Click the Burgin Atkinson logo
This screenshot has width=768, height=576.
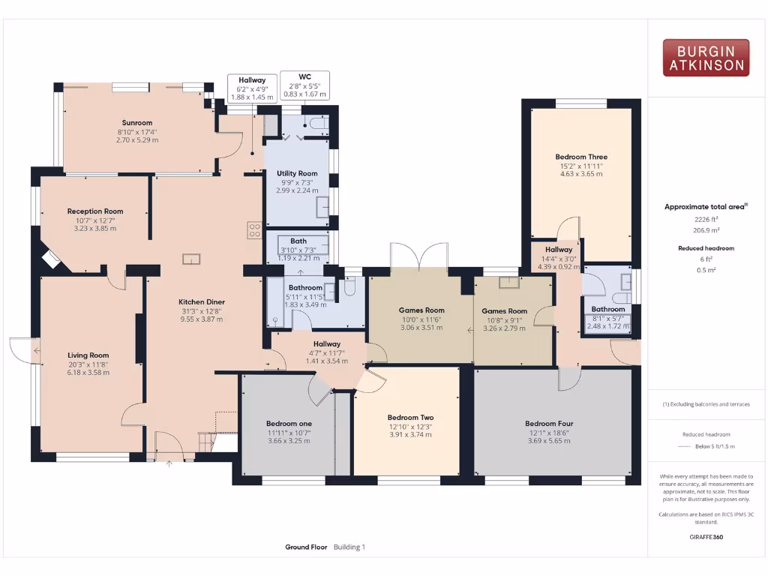point(706,58)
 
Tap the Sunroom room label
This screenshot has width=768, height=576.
point(137,123)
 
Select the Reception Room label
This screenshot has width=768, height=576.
point(95,211)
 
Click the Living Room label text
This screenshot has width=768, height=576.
point(88,355)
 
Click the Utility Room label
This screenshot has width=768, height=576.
point(297,173)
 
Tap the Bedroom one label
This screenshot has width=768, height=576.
point(289,424)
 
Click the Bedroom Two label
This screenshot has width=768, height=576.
point(410,418)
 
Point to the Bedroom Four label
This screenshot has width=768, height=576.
point(549,424)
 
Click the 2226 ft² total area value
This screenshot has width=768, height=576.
point(701,220)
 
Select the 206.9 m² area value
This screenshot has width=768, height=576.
point(701,230)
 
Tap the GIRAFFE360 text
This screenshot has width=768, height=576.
point(706,537)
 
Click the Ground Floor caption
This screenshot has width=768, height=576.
point(306,547)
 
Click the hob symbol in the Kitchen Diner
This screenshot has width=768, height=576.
point(254,229)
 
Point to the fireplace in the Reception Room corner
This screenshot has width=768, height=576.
point(52,259)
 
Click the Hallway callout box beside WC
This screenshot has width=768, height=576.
point(252,88)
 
